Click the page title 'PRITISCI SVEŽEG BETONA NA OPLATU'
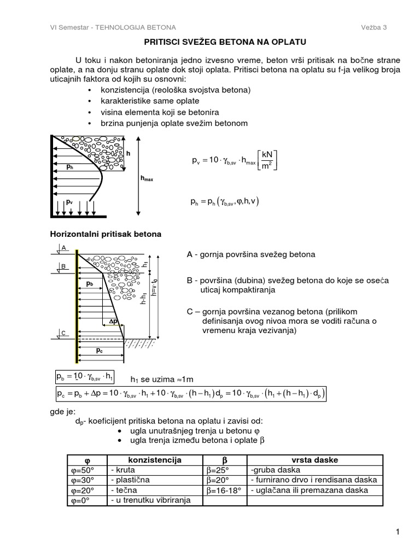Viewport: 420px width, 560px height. pyautogui.click(x=209, y=42)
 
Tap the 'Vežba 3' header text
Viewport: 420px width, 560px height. pyautogui.click(x=374, y=27)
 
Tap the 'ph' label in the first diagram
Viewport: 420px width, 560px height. pyautogui.click(x=69, y=167)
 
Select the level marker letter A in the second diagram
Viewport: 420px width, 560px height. pyautogui.click(x=63, y=248)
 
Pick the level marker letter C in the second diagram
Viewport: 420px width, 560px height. pyautogui.click(x=63, y=332)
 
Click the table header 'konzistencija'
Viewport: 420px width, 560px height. pyautogui.click(x=154, y=459)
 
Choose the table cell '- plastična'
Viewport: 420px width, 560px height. pyautogui.click(x=130, y=480)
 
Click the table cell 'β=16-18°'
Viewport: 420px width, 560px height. pyautogui.click(x=224, y=491)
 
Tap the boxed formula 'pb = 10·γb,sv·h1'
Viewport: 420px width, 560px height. pyautogui.click(x=85, y=377)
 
